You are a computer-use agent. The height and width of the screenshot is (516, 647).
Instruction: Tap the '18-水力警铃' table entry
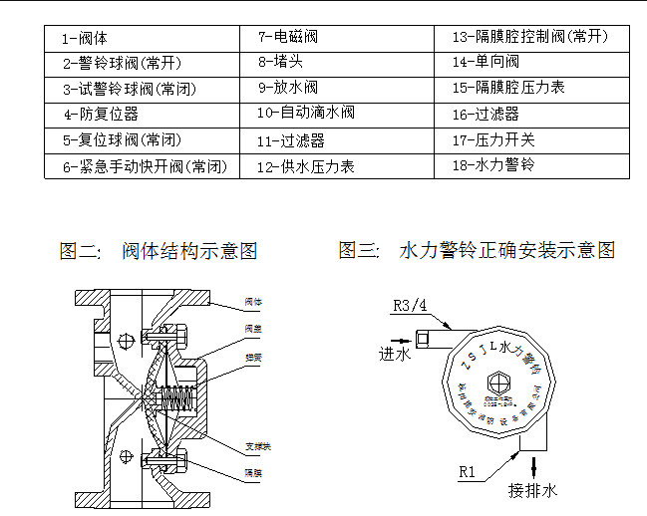pyautogui.click(x=492, y=164)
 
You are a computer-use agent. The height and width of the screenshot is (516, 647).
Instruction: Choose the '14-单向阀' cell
pyautogui.click(x=485, y=63)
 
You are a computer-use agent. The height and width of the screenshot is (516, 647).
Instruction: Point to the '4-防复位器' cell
pyautogui.click(x=101, y=115)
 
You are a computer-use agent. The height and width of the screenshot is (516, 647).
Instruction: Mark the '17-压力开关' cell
pyautogui.click(x=492, y=139)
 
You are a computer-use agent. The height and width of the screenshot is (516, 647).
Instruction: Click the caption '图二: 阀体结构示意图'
pyautogui.click(x=159, y=250)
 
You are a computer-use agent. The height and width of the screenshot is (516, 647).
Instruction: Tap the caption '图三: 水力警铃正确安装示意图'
pyautogui.click(x=477, y=250)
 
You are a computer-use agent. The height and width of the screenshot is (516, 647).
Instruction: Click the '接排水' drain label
pyautogui.click(x=532, y=491)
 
